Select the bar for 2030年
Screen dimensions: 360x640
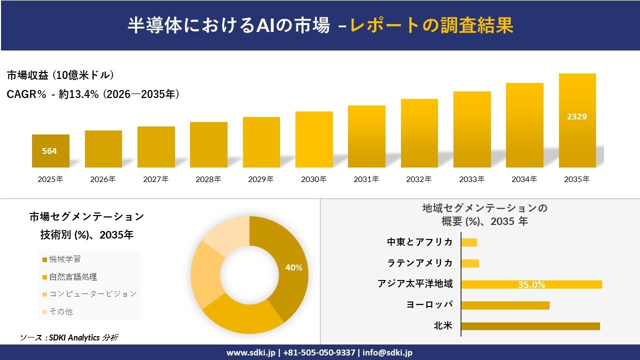pyautogui.click(x=314, y=139)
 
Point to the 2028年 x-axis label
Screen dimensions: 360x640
pyautogui.click(x=208, y=179)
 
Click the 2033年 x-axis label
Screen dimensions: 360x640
pyautogui.click(x=471, y=179)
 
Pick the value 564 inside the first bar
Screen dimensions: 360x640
pyautogui.click(x=49, y=151)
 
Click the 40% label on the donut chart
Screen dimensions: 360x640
pyautogui.click(x=294, y=267)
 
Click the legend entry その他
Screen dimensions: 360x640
pyautogui.click(x=60, y=311)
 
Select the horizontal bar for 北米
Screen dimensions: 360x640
pyautogui.click(x=530, y=326)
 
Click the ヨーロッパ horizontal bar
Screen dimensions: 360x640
pyautogui.click(x=505, y=305)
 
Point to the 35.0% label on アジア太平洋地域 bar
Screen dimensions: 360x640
pyautogui.click(x=531, y=284)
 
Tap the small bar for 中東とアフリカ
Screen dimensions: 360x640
pyautogui.click(x=469, y=242)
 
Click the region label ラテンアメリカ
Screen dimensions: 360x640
pyautogui.click(x=420, y=263)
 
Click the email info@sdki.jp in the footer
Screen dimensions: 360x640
pyautogui.click(x=388, y=352)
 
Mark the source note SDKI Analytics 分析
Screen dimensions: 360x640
pyautogui.click(x=69, y=337)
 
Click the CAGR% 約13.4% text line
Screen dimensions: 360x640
pyautogui.click(x=93, y=94)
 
